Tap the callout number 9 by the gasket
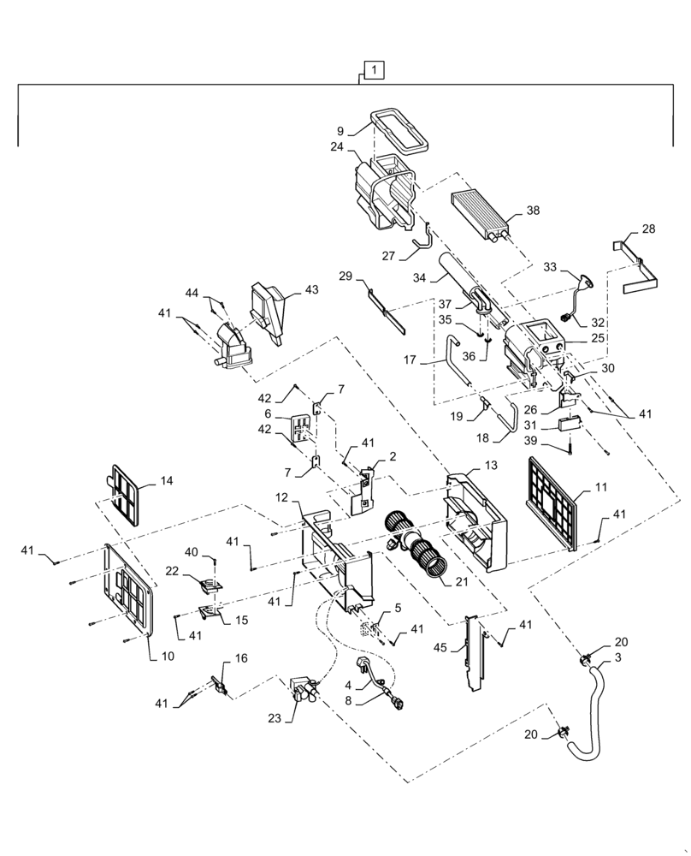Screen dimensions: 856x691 (340, 131)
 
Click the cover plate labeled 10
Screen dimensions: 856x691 (128, 591)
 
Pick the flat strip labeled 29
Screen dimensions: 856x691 (385, 302)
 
